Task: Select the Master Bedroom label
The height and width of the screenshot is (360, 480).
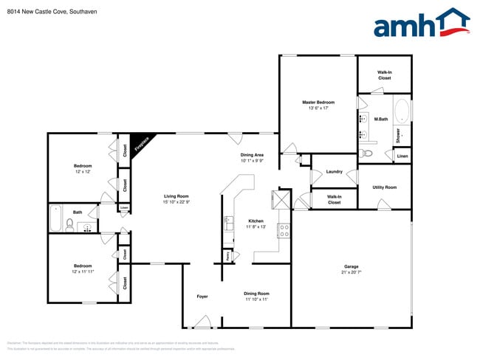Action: coord(318,103)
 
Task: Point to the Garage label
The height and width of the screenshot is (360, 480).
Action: coord(351,266)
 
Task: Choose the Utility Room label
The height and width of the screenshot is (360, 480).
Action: coord(384,187)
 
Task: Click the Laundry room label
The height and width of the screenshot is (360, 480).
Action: coord(334,172)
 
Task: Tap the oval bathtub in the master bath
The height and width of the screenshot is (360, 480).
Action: coord(401,112)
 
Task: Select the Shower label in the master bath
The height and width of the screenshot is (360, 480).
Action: coord(397,135)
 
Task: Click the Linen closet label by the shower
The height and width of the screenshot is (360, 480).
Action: coord(402,156)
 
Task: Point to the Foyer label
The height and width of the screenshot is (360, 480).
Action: coord(202,297)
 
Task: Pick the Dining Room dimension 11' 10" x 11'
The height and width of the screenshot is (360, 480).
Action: coord(256,300)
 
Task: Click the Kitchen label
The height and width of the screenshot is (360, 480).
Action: coord(256,221)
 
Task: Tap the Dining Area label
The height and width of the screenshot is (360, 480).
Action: coord(252,155)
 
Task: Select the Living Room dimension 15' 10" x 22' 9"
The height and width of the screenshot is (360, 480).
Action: coord(176,202)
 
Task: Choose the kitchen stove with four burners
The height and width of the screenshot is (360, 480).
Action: coord(283,230)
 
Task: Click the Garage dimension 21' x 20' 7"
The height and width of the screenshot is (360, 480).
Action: coord(351,273)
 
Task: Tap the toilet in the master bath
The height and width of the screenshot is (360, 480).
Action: coord(368,154)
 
